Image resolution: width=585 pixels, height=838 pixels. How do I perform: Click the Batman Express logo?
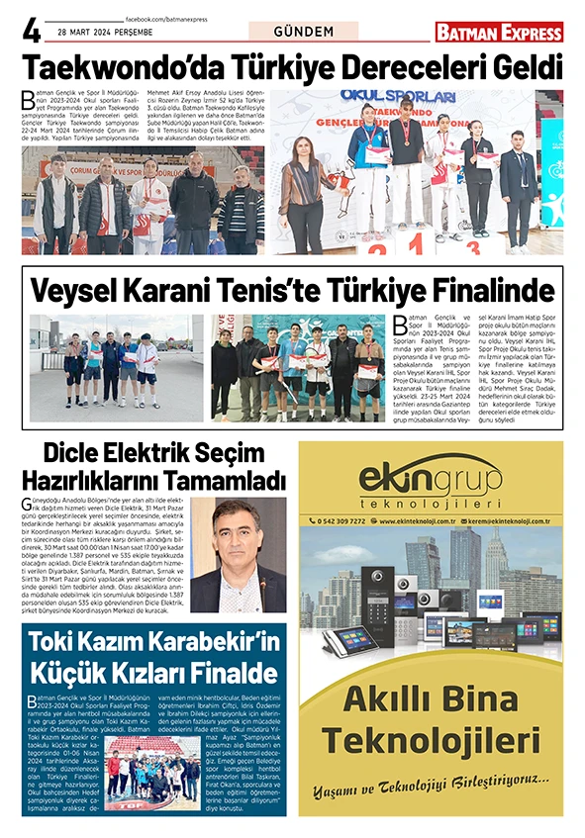tap(499, 32)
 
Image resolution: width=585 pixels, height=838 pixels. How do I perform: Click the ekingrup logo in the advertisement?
tap(431, 477)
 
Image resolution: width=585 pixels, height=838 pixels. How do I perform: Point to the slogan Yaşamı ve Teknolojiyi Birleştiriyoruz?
tap(431, 779)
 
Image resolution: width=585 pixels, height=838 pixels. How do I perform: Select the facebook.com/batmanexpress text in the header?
tap(168, 20)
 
